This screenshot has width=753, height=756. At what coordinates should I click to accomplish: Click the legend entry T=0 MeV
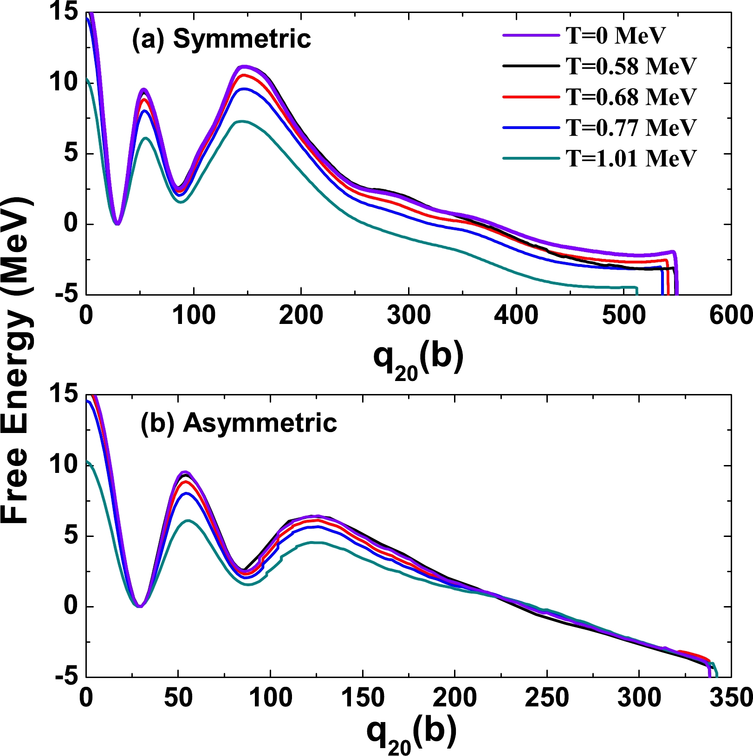[x=616, y=35]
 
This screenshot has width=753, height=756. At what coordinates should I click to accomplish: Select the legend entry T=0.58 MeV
[x=631, y=66]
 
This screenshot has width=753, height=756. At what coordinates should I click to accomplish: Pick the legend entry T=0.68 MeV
[x=631, y=97]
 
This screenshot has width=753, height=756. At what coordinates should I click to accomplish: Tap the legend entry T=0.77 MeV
[x=631, y=127]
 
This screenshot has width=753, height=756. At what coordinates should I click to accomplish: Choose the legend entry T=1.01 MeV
[x=631, y=158]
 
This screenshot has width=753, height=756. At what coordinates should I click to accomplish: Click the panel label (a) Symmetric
[x=221, y=39]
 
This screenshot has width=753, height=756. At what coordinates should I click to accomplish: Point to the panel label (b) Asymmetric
[x=239, y=423]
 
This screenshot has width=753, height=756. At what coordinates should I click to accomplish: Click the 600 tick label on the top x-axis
[x=731, y=316]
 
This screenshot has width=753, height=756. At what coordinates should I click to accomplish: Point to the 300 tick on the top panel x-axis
[x=409, y=316]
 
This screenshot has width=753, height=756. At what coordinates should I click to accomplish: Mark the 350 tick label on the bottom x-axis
[x=731, y=698]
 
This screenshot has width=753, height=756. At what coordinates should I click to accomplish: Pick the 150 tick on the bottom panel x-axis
[x=363, y=698]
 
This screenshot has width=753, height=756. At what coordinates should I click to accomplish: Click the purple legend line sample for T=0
[x=531, y=35]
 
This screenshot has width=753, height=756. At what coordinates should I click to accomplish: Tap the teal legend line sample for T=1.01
[x=531, y=158]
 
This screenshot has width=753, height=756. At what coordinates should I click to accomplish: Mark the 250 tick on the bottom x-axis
[x=547, y=698]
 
